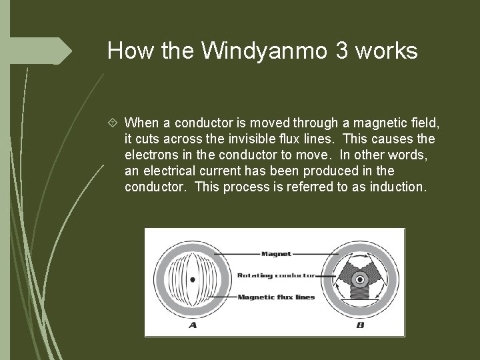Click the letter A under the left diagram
pyautogui.click(x=193, y=325)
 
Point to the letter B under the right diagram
pyautogui.click(x=359, y=325)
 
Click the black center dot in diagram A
pyautogui.click(x=193, y=280)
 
